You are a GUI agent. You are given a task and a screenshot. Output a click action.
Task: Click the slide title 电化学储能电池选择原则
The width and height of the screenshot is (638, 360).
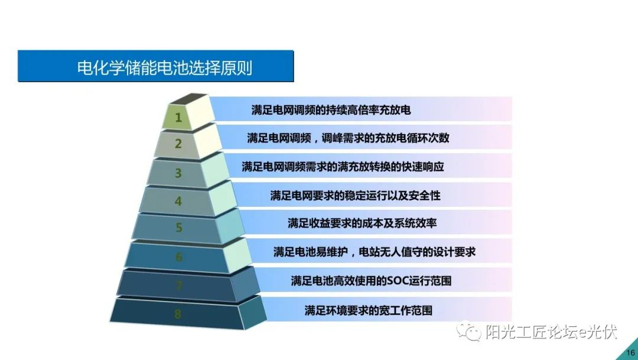pos(165,67)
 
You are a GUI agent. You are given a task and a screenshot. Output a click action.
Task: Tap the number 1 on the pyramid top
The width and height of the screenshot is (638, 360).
pos(178,118)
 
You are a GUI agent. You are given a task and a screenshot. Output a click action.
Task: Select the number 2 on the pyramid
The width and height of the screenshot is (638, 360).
pos(178,144)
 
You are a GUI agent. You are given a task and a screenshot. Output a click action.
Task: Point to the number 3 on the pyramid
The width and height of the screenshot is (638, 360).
pos(178,173)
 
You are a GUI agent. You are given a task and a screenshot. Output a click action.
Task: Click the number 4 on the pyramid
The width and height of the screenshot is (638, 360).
pos(178,201)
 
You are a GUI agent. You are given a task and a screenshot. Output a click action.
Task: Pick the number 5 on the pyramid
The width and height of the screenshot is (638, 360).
pos(178,228)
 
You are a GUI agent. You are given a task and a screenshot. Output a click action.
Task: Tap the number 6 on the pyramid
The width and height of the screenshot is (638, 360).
pos(178,257)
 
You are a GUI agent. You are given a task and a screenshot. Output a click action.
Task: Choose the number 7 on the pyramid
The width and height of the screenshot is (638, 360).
pos(178,286)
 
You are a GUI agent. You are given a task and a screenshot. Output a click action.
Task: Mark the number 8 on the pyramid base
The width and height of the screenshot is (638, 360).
pos(178,314)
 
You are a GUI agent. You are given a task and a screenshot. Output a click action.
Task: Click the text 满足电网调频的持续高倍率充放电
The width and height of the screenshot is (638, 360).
pos(331,110)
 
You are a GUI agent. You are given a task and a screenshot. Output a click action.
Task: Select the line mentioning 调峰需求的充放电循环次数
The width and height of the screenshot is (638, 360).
pos(348,138)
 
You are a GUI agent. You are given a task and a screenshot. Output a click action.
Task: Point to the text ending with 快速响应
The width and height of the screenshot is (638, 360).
pos(343,167)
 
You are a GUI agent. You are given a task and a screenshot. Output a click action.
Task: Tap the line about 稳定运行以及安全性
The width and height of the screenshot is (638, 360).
pos(355,196)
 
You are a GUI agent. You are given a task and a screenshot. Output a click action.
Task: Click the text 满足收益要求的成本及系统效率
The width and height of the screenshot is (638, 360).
pos(362,223)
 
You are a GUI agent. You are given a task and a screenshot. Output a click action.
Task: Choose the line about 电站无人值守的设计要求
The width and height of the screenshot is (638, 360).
pos(375,252)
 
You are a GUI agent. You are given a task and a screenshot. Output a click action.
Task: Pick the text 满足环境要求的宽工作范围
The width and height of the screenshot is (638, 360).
pos(368,310)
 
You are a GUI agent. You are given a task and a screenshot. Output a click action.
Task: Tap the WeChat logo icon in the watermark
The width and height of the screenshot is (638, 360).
pos(468,332)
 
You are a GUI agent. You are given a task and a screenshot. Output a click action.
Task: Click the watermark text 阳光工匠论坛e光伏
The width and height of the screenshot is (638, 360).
pos(551,332)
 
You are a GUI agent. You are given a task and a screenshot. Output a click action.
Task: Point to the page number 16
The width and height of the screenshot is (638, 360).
pos(630,353)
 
